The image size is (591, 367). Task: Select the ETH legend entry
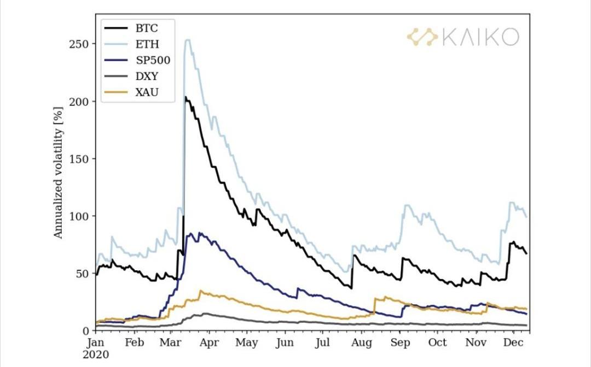point(147,44)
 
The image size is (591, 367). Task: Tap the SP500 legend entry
point(152,61)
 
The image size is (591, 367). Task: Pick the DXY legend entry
point(147,77)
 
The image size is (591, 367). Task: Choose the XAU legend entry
point(147,93)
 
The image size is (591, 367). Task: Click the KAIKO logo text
point(480,37)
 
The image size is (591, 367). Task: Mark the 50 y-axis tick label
point(83,273)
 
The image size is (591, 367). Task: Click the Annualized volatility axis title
point(58,172)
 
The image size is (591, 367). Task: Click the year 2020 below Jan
point(96,354)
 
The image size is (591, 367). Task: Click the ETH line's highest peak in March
point(187,39)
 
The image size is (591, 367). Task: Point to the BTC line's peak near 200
point(186,97)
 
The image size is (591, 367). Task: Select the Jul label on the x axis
point(323,342)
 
